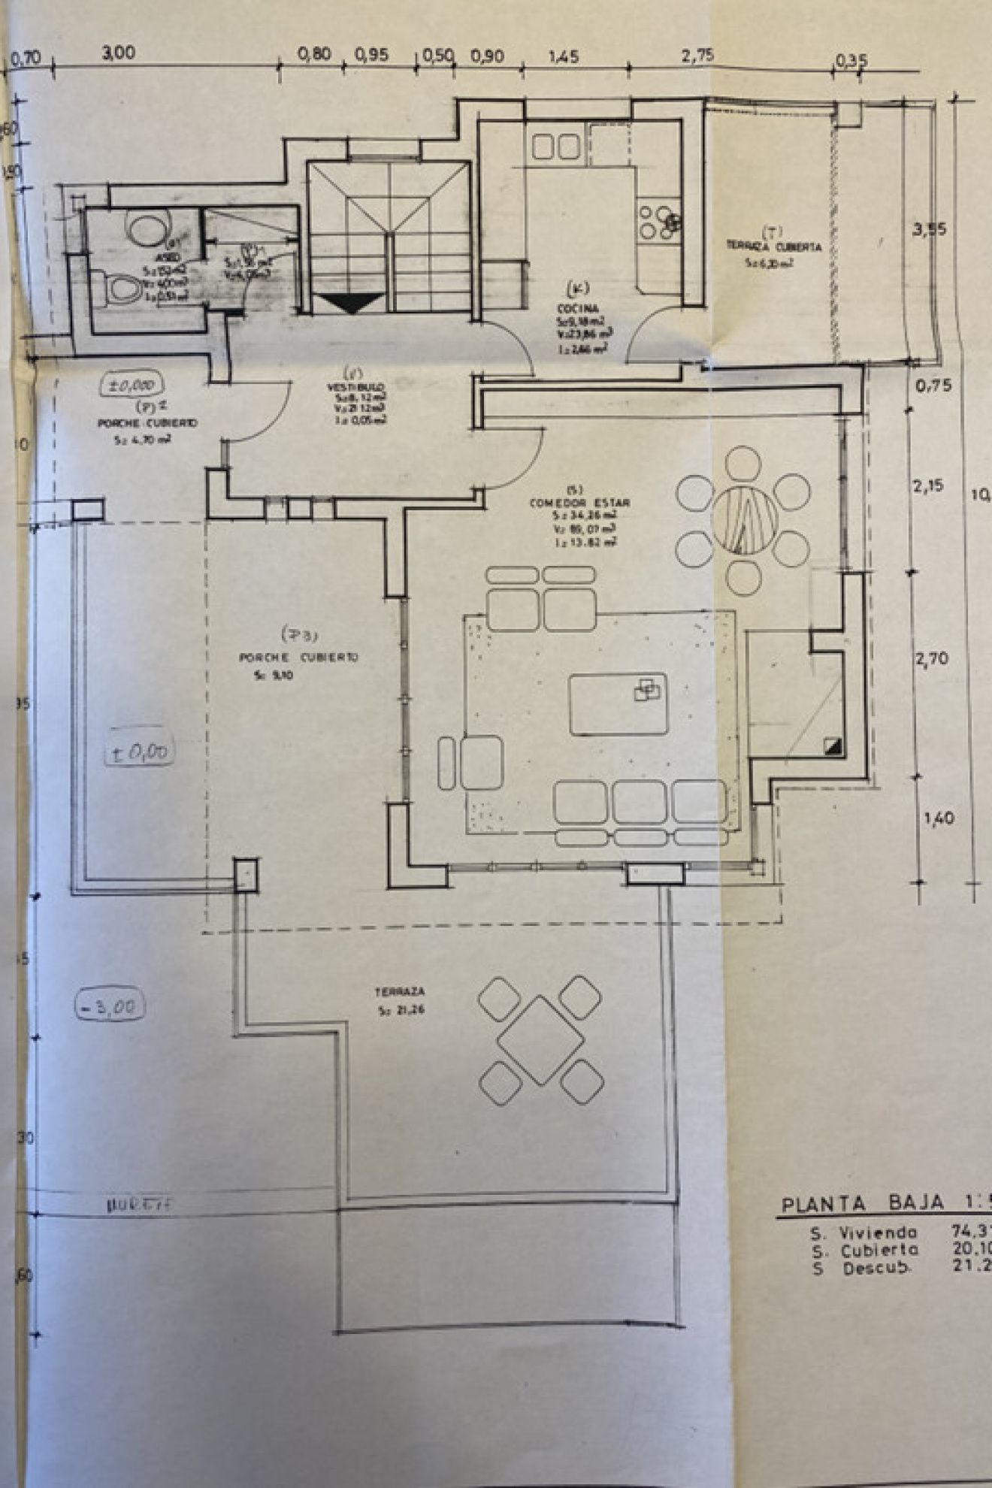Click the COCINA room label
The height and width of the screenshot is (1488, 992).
point(578,309)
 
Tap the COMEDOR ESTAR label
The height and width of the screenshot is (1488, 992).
point(579,503)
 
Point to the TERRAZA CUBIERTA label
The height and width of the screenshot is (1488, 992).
point(773,246)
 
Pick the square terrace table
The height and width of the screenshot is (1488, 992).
point(540,1041)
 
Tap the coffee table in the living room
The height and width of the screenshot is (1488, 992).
point(618,703)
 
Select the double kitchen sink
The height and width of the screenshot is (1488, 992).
point(556,147)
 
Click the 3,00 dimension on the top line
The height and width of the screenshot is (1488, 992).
point(119,53)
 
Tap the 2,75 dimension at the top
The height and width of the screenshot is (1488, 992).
point(697,56)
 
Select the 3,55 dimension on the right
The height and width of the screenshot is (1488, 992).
point(930,230)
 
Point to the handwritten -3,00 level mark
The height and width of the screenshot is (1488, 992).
point(110,1006)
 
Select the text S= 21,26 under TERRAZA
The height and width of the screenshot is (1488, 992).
point(401,1010)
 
